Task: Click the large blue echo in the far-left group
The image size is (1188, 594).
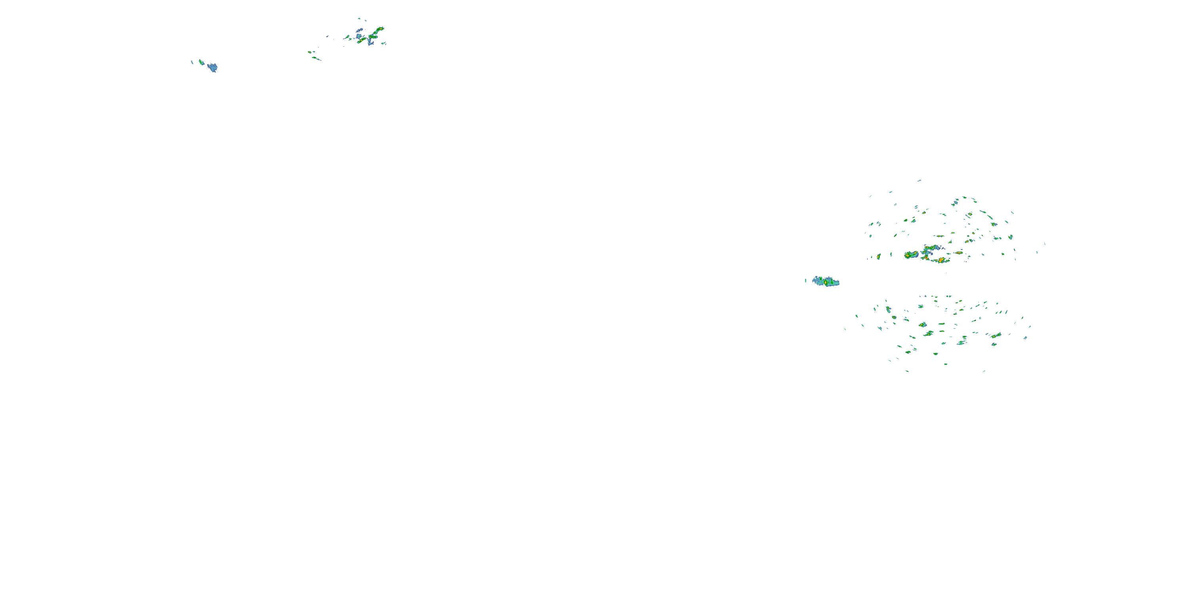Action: tap(212, 67)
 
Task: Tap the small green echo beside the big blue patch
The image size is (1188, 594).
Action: tap(201, 61)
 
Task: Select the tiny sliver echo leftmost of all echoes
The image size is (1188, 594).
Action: tap(192, 62)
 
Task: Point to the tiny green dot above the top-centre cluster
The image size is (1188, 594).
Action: tap(359, 19)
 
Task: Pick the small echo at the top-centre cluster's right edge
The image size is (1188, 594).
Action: tap(384, 43)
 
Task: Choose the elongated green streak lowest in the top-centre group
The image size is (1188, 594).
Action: tap(316, 59)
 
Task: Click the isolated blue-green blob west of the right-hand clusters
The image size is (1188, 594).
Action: tap(826, 281)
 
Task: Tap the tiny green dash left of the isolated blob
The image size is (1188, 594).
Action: tap(806, 280)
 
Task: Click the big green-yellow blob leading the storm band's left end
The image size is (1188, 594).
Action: tap(911, 255)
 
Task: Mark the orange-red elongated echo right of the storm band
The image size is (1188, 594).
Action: tap(959, 253)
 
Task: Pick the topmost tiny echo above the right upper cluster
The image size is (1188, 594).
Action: tap(919, 180)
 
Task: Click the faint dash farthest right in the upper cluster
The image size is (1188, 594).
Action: tap(1045, 244)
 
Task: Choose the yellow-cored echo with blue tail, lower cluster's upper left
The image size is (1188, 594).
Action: tap(888, 309)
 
